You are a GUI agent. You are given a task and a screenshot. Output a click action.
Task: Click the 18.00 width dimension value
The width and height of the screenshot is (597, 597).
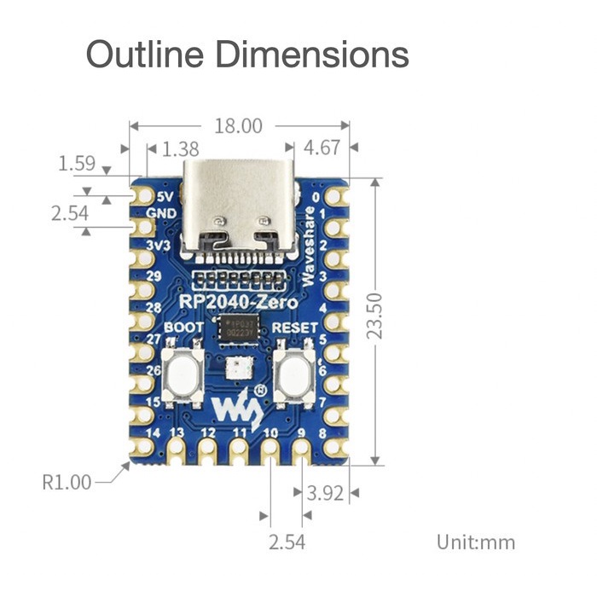pos(238,126)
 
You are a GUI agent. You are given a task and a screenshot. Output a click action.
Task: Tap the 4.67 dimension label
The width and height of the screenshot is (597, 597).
pos(322,148)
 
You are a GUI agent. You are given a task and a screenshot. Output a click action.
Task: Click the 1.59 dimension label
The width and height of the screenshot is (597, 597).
pos(76,162)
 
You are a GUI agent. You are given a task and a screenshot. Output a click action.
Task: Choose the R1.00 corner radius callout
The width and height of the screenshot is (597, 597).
pos(67,482)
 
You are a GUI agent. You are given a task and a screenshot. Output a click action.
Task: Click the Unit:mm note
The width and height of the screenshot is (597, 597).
pos(476,542)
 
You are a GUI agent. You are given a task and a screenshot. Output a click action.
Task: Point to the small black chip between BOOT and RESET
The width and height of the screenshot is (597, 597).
pos(238,329)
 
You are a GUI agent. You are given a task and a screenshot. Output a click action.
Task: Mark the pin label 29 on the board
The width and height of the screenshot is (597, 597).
pos(154,276)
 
